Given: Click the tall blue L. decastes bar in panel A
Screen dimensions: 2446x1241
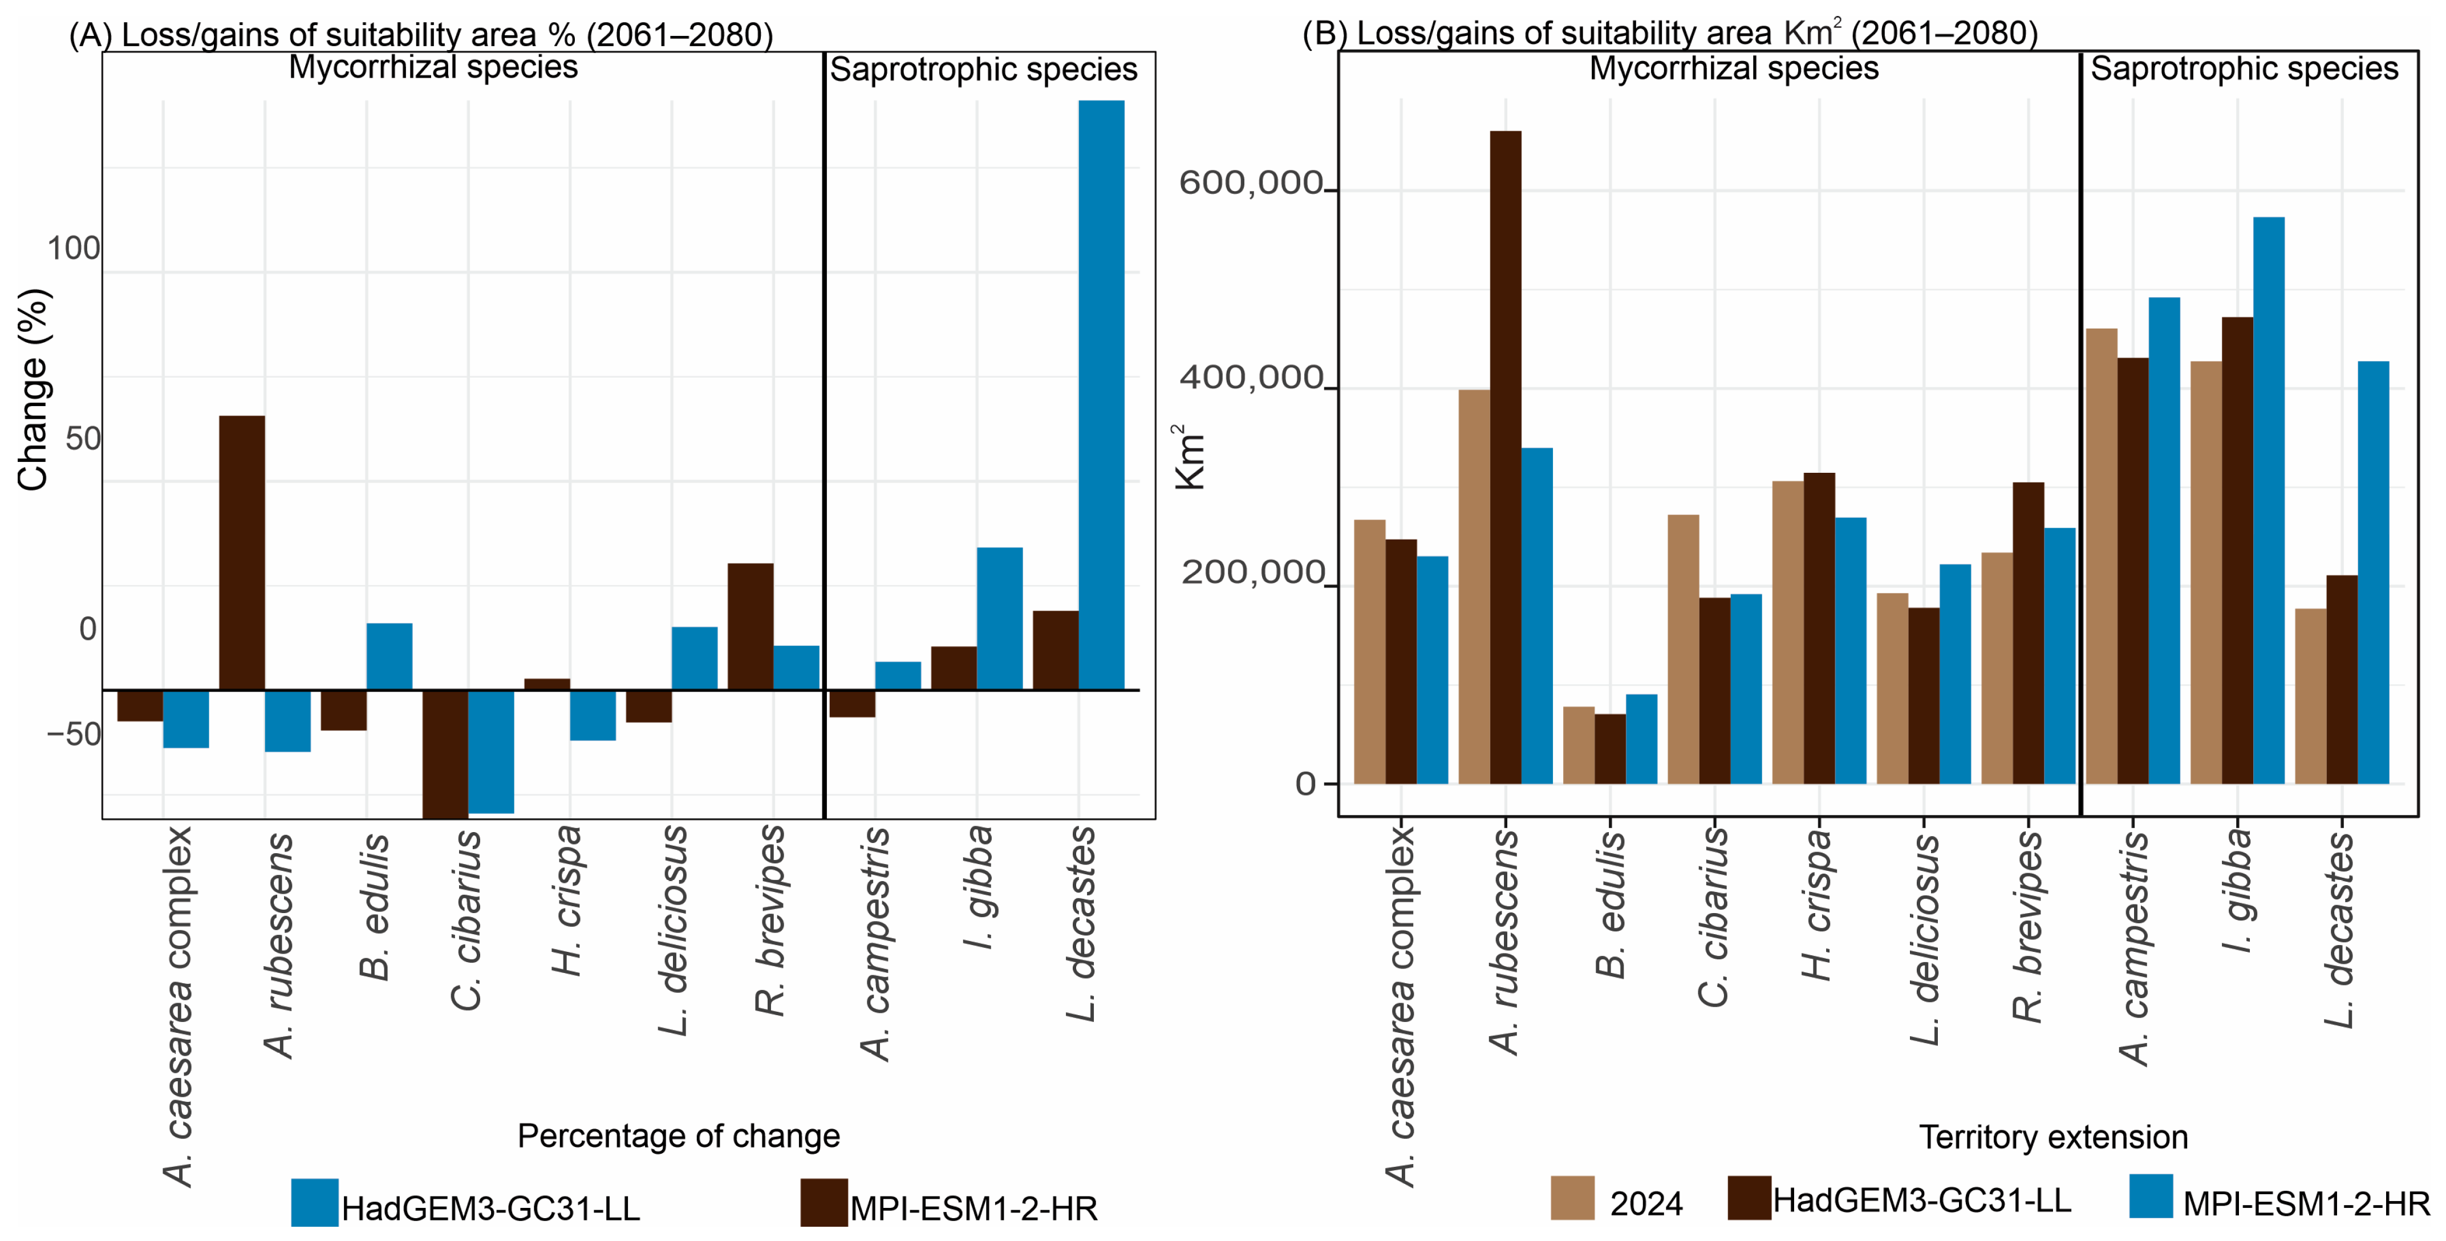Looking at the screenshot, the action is click(1101, 395).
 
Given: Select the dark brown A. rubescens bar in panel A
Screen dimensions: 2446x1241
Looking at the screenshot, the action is click(242, 553).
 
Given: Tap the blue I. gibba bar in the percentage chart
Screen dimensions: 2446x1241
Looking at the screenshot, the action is click(1000, 618).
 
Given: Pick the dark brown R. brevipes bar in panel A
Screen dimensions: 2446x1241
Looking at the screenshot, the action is click(750, 627).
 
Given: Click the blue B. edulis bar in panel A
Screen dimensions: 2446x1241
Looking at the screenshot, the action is click(390, 656).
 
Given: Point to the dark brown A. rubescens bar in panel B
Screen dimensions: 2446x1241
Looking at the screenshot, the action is click(1505, 457).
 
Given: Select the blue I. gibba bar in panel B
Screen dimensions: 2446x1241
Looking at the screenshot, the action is click(2269, 500).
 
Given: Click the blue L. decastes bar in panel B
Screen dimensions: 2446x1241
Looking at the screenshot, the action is click(2373, 573).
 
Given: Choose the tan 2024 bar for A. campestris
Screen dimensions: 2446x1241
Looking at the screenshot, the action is click(2102, 557).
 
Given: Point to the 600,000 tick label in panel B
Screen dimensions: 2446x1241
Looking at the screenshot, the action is click(1251, 182).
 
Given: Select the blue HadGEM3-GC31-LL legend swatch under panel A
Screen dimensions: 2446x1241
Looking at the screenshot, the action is click(314, 1202).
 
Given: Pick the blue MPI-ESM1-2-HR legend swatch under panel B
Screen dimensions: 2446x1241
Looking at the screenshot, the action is click(2151, 1197).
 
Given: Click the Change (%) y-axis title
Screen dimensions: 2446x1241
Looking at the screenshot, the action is click(33, 390).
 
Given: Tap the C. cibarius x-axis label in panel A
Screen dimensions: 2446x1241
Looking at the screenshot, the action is click(467, 920).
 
